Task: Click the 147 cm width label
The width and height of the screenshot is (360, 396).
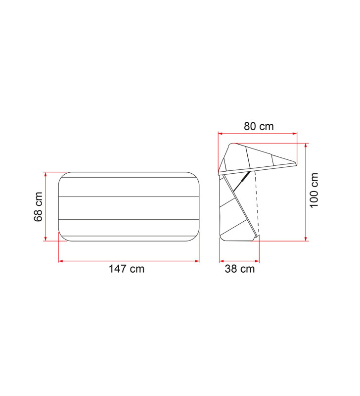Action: (x=127, y=269)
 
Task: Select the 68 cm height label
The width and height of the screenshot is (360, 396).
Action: (x=39, y=206)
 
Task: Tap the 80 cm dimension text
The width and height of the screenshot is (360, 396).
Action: (x=258, y=126)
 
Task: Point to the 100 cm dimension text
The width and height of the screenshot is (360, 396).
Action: (x=315, y=191)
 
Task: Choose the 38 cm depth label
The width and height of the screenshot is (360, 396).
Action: (x=239, y=269)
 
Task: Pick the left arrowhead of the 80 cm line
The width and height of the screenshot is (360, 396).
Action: (x=221, y=133)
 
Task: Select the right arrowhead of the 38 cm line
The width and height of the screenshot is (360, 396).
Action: (x=258, y=260)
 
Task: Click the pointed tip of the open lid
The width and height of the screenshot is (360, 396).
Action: (x=296, y=163)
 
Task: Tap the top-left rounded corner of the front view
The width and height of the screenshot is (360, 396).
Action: (x=63, y=176)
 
